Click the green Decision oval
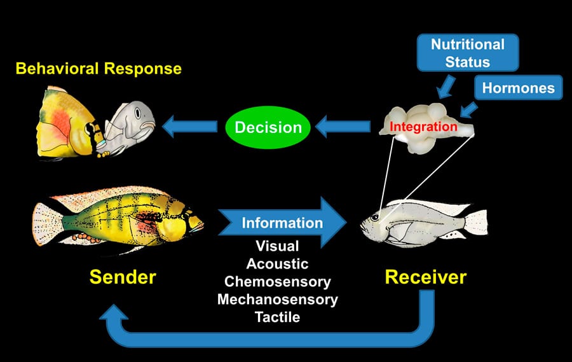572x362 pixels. pos(268,127)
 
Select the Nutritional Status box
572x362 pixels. pos(468,53)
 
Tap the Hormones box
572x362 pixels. pos(519,88)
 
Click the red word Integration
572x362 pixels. pos(423,127)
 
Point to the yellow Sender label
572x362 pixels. pos(123,277)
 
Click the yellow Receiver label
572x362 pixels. pos(426,277)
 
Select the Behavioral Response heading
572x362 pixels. pos(99,69)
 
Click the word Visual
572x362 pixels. pos(277,246)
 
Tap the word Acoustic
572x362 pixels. pos(277,264)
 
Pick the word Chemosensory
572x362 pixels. pos(278,282)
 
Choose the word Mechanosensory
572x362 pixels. pos(278,300)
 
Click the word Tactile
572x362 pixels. pos(277,317)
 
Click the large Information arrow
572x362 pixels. pos(282,223)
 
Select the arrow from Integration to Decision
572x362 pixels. pos(343,127)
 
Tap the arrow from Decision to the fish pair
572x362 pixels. pos(189,127)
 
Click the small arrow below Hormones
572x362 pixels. pos(468,109)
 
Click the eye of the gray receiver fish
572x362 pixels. pos(374,218)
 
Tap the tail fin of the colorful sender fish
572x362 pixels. pos(46,223)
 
